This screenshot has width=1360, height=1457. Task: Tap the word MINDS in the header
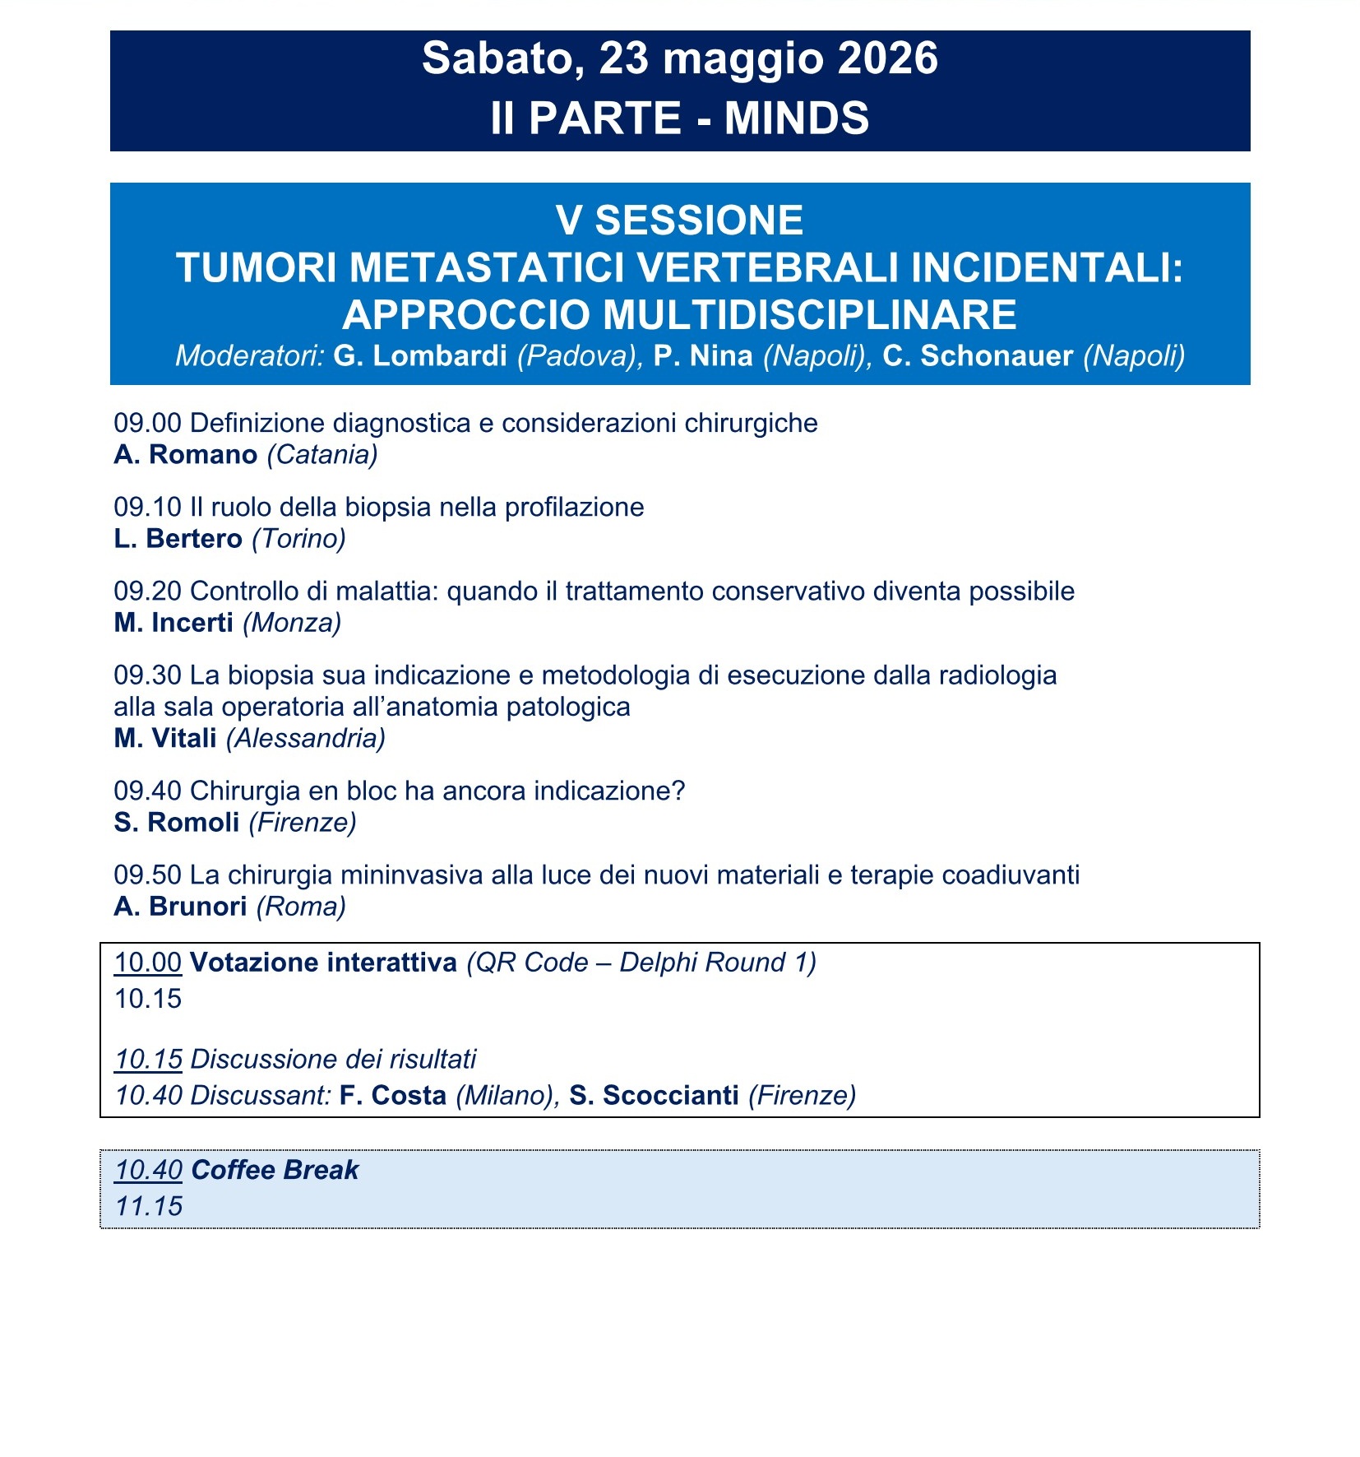[x=796, y=118]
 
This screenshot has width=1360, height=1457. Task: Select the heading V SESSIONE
[x=679, y=220]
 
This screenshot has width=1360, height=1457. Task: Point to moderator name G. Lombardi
[x=420, y=355]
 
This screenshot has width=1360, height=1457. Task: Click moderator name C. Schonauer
[x=978, y=355]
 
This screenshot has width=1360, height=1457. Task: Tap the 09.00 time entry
[x=147, y=424]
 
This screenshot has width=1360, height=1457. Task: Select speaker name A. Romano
[x=186, y=455]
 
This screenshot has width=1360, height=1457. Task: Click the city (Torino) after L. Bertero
[x=298, y=539]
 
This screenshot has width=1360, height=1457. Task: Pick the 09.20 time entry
[x=147, y=592]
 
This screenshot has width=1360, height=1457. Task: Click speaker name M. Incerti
[x=173, y=623]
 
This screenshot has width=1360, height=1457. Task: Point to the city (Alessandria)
[x=306, y=739]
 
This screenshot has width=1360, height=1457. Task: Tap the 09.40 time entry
[x=147, y=791]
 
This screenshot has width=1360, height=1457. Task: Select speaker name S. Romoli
[x=177, y=823]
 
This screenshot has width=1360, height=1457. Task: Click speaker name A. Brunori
[x=181, y=907]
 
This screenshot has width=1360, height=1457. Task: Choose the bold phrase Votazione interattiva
[x=323, y=963]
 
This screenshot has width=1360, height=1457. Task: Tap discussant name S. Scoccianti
[x=654, y=1096]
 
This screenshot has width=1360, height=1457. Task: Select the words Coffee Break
[x=275, y=1170]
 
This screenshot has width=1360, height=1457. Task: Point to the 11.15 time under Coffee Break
[x=148, y=1207]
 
